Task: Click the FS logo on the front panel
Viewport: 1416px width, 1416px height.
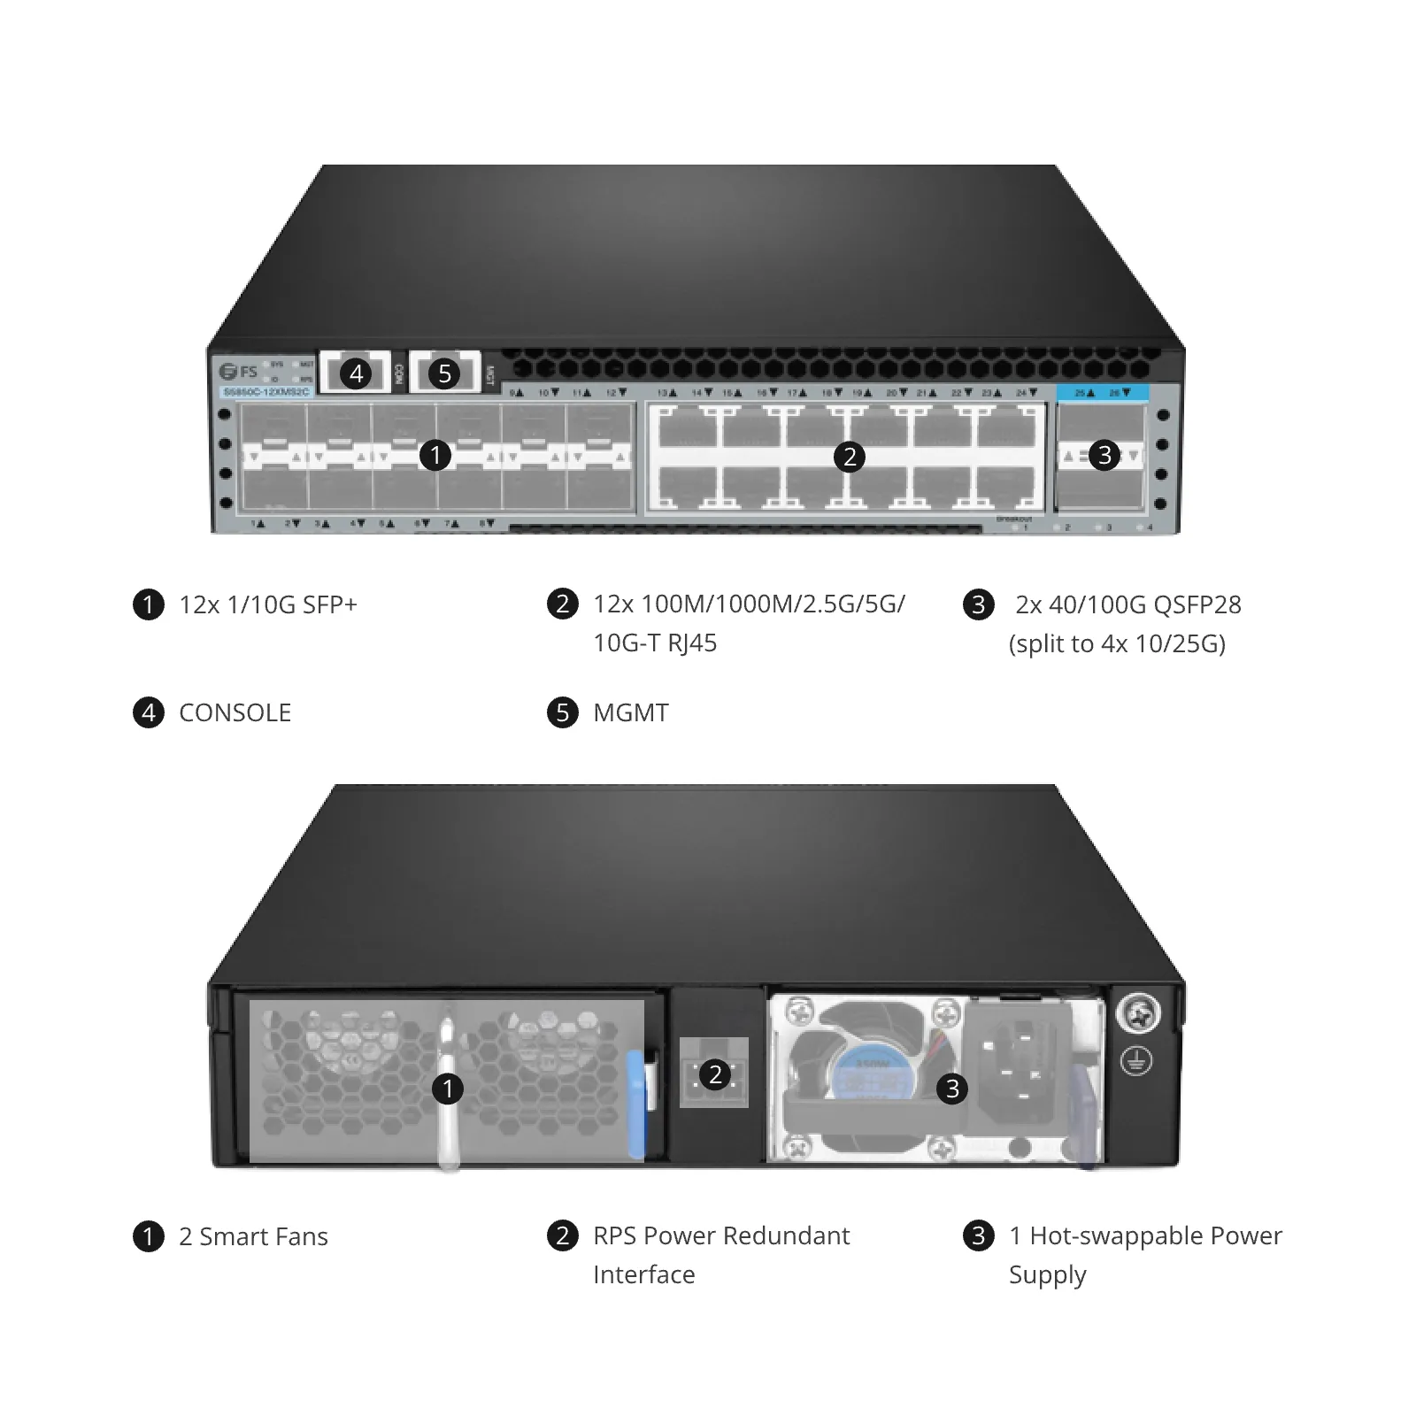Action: coord(238,371)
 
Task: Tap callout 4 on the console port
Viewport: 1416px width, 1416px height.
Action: coord(356,373)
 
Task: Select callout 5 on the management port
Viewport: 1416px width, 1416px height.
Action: coord(444,373)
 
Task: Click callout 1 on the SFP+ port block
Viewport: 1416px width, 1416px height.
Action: coord(435,456)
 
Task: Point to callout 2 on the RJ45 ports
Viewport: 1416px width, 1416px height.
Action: coord(850,457)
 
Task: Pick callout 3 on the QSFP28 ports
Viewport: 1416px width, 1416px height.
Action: coord(1104,456)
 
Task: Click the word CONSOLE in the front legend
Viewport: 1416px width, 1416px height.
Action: coord(235,713)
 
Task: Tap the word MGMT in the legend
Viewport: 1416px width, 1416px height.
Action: coord(631,713)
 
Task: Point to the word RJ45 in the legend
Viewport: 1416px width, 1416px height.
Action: coord(692,643)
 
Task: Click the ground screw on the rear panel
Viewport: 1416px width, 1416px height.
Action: coord(1138,1014)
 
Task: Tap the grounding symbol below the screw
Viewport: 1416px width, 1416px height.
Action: coord(1136,1060)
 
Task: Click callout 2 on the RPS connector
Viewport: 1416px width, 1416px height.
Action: coord(715,1075)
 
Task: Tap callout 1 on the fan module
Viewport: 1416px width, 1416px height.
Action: coord(447,1089)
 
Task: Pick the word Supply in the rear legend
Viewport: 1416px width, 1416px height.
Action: coord(1047,1276)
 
